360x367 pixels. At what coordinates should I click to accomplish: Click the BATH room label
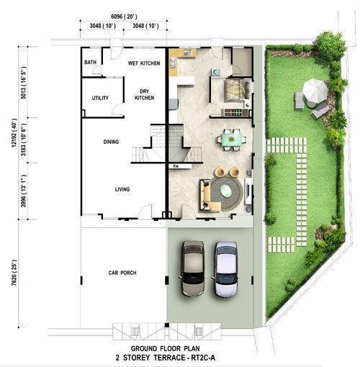click(90, 63)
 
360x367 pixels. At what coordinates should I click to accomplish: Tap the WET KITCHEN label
click(144, 63)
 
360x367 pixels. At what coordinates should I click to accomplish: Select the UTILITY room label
click(100, 98)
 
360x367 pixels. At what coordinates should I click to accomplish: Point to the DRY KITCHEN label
click(144, 94)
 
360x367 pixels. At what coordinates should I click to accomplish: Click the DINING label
click(111, 142)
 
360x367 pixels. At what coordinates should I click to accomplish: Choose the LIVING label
click(122, 189)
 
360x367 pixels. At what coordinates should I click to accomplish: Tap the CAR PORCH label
click(122, 273)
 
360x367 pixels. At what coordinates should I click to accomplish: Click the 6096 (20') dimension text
click(124, 17)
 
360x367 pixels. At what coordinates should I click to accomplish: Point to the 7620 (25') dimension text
click(14, 273)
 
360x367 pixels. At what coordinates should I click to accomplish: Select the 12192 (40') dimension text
click(14, 133)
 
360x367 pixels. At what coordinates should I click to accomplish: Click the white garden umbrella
click(315, 91)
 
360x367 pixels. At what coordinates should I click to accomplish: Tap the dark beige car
click(193, 268)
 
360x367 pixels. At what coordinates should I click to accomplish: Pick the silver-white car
click(226, 269)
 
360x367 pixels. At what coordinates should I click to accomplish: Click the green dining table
click(231, 140)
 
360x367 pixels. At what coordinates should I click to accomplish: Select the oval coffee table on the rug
click(226, 191)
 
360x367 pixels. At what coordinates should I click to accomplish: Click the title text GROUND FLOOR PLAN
click(165, 348)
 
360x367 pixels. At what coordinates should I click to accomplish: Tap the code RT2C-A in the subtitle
click(203, 358)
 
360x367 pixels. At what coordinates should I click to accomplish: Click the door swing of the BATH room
click(97, 70)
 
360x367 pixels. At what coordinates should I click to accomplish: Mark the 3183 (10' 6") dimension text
click(24, 140)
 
